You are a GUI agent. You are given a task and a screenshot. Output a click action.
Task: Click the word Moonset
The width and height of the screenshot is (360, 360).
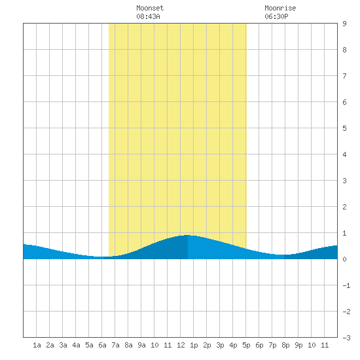coord(150,8)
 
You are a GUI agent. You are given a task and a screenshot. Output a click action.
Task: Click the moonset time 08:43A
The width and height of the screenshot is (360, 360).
coord(148,16)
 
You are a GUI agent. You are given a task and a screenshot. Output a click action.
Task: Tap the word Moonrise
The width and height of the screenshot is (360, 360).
coord(280,8)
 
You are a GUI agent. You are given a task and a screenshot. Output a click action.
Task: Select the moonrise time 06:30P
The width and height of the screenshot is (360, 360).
coord(276,16)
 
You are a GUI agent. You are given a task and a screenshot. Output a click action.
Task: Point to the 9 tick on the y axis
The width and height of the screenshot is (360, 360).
coord(344,24)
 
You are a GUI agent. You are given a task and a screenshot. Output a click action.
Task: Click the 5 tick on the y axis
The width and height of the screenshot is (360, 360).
coord(344,128)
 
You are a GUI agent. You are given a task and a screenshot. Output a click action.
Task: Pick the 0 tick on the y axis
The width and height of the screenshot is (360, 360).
coord(344,259)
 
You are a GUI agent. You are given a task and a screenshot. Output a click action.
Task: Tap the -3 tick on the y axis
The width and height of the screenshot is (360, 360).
coord(346,338)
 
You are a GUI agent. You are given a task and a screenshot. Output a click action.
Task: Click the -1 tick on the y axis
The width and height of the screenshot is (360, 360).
coord(346,285)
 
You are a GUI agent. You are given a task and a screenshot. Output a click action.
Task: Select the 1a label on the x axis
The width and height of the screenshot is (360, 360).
coord(37,345)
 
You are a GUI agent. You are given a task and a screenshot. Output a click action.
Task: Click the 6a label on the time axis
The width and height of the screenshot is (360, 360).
coord(102,345)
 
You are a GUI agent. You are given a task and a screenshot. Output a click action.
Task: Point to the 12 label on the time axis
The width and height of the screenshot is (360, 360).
coord(181,345)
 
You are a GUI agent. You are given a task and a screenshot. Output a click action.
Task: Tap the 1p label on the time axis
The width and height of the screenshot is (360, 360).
coord(194,345)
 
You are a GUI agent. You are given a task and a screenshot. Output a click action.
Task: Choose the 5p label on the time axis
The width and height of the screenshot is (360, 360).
coord(246,345)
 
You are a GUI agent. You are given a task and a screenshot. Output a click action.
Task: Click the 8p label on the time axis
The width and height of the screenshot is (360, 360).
coord(285,345)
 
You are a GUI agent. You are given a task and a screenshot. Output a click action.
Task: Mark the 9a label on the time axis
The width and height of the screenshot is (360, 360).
coord(141,345)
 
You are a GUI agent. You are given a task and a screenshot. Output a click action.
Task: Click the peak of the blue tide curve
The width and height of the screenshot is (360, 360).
coord(188,235)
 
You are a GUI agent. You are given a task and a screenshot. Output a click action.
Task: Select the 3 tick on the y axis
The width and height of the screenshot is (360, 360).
coord(344,181)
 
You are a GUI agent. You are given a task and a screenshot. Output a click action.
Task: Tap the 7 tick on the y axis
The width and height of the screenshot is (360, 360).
coord(344,76)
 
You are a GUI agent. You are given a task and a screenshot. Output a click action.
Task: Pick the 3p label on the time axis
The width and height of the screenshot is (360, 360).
coord(220,345)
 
